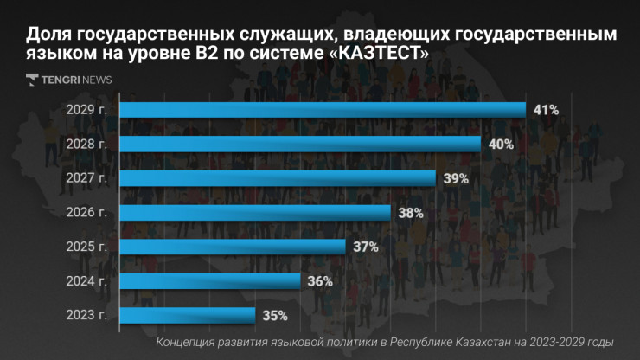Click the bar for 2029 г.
[322, 110]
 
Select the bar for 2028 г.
[299, 145]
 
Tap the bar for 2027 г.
[277, 178]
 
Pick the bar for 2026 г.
[254, 213]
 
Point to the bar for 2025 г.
[232, 247]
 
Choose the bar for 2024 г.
[209, 281]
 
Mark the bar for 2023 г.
[187, 315]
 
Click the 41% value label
[547, 110]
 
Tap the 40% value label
[501, 145]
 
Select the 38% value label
[411, 213]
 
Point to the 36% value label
[321, 281]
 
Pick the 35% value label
[275, 315]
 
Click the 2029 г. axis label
[86, 110]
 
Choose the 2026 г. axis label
[86, 213]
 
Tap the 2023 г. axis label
[86, 315]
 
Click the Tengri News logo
[69, 80]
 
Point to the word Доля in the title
[48, 34]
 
